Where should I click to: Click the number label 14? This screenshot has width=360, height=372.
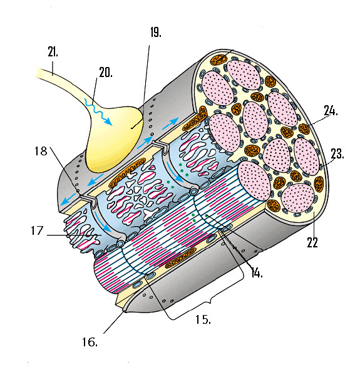pyautogui.click(x=257, y=273)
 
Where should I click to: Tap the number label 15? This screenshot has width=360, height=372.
pyautogui.click(x=203, y=319)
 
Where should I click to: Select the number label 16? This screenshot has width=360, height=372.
pyautogui.click(x=90, y=342)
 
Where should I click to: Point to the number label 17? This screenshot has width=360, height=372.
pyautogui.click(x=37, y=230)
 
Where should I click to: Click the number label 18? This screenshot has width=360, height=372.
pyautogui.click(x=41, y=151)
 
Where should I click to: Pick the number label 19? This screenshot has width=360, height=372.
pyautogui.click(x=156, y=33)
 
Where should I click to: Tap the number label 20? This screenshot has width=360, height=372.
pyautogui.click(x=106, y=73)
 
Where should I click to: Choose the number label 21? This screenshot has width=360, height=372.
pyautogui.click(x=53, y=51)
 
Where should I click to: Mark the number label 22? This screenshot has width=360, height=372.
pyautogui.click(x=312, y=242)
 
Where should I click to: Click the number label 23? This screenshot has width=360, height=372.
pyautogui.click(x=337, y=153)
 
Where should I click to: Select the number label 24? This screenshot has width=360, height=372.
pyautogui.click(x=331, y=111)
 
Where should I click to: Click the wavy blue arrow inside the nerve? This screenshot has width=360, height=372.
pyautogui.click(x=98, y=111)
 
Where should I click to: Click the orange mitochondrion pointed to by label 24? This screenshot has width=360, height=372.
pyautogui.click(x=304, y=129)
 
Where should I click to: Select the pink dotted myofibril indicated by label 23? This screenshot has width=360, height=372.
pyautogui.click(x=306, y=156)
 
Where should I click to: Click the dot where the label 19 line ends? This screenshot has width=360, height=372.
pyautogui.click(x=131, y=128)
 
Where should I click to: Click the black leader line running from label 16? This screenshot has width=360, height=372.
pyautogui.click(x=114, y=323)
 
